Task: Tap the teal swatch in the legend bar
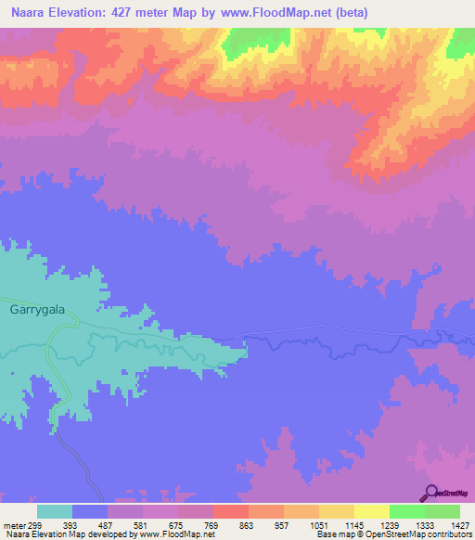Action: point(55,511)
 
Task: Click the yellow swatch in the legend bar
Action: point(371,511)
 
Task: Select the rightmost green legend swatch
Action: point(442,511)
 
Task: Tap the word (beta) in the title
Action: point(350,12)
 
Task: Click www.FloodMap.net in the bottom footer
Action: point(175,534)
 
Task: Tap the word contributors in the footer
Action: point(447,534)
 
